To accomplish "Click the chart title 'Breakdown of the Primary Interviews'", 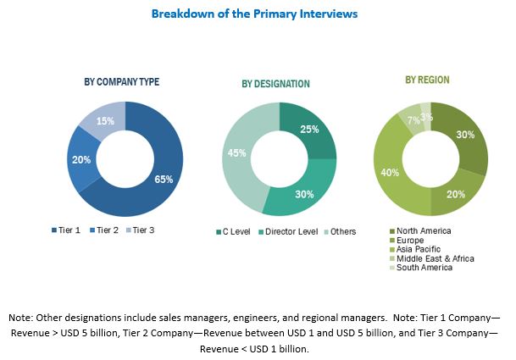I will point(253,14).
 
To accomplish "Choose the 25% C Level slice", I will point(308,128).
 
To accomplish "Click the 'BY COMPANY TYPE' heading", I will point(122,82).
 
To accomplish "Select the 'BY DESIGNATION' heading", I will point(275,84).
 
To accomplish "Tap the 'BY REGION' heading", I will point(427,80).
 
